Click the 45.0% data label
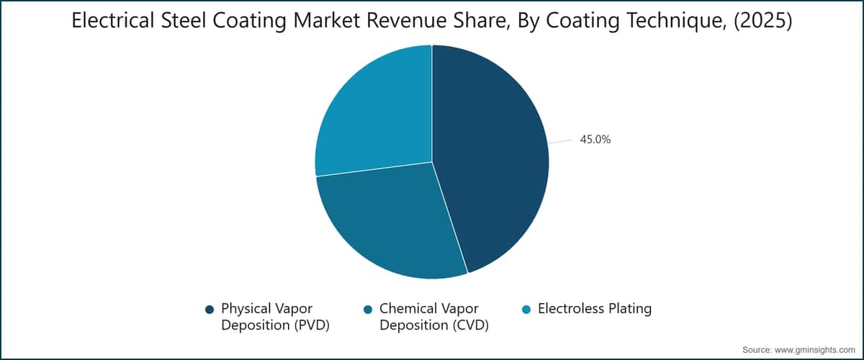point(595,139)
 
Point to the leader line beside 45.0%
point(560,142)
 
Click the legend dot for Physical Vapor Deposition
point(210,310)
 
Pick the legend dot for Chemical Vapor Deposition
point(368,310)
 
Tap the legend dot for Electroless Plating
point(526,310)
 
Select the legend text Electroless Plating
point(595,309)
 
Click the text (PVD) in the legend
point(312,325)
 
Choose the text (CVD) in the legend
point(471,325)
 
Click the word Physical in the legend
point(245,309)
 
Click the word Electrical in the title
point(113,20)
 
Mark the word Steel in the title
point(184,20)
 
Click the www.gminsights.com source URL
point(814,350)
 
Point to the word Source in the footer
point(757,350)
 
